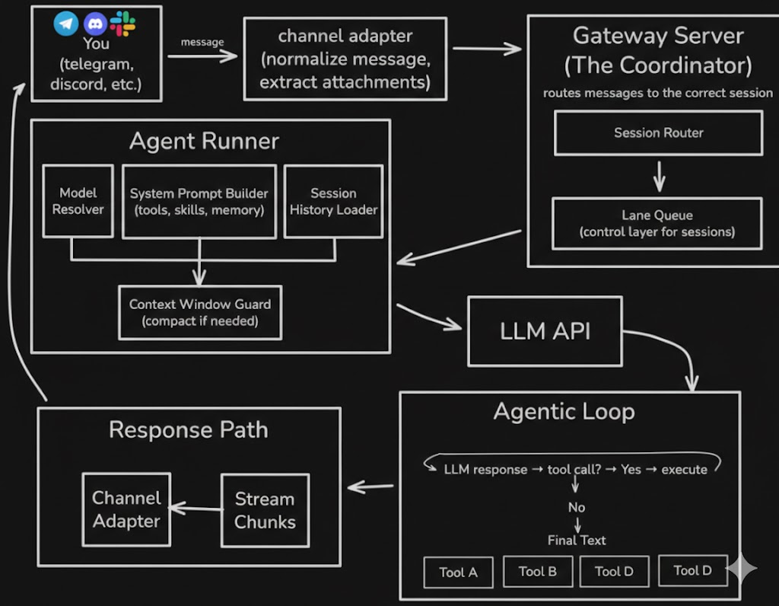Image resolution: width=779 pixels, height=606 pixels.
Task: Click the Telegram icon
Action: tap(66, 24)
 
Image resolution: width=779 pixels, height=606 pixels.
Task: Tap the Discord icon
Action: tap(95, 24)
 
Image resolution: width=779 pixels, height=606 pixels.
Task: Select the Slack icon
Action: tap(122, 24)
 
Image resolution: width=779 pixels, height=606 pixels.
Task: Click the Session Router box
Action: tap(658, 133)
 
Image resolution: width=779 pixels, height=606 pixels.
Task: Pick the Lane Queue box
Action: tap(657, 223)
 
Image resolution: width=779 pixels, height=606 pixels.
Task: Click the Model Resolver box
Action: tap(78, 201)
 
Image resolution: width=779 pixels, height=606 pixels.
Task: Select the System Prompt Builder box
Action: tap(199, 201)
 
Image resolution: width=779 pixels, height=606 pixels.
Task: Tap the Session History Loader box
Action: tap(333, 201)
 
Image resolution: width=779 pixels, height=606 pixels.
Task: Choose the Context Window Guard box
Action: tap(200, 312)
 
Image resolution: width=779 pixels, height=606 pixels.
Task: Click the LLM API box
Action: tap(545, 331)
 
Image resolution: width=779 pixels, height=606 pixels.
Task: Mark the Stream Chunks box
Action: tap(265, 510)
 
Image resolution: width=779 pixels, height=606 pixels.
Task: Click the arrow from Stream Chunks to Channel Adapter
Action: tap(195, 508)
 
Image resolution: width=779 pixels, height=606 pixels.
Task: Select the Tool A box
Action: tap(458, 573)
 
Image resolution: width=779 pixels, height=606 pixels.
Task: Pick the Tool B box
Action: tap(538, 572)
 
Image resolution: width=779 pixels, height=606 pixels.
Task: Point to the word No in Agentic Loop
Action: tap(577, 507)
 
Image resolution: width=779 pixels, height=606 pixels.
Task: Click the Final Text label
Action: tap(577, 540)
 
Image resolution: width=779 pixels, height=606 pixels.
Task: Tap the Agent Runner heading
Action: tap(204, 141)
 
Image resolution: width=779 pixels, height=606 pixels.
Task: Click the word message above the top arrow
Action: tap(202, 42)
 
